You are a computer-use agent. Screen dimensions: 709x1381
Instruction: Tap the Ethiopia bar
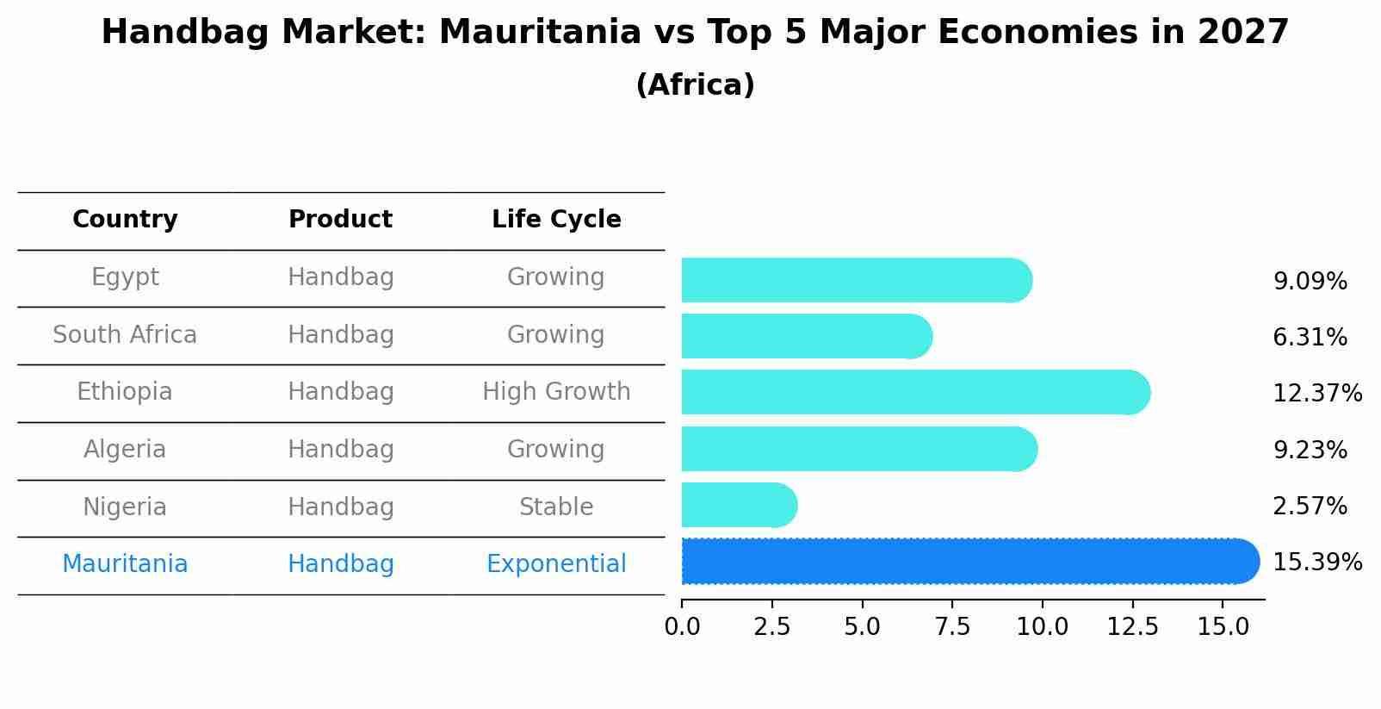point(915,393)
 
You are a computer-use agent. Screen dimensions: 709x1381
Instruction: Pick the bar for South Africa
point(806,336)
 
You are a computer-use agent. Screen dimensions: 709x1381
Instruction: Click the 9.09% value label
point(1310,282)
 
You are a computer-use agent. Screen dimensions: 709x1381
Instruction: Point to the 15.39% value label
point(1316,563)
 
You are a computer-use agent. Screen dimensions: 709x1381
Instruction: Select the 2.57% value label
point(1310,507)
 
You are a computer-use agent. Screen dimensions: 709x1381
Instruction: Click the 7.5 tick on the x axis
point(952,627)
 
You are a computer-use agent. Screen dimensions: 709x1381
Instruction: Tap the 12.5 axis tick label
point(1132,627)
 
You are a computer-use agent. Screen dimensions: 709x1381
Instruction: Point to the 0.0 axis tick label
point(682,627)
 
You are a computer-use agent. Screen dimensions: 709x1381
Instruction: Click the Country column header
point(125,220)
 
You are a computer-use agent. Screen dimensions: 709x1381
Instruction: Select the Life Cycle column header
point(556,220)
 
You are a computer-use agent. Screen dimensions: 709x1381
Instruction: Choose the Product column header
point(340,220)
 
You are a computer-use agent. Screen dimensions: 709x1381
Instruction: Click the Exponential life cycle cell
point(556,564)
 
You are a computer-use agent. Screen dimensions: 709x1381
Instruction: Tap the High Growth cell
point(556,392)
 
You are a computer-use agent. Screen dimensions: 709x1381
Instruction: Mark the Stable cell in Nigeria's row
point(556,507)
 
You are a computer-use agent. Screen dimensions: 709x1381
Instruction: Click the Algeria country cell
point(125,450)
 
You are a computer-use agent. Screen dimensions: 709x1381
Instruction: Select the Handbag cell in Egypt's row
point(340,277)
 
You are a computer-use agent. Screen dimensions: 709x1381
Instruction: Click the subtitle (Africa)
point(695,85)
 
